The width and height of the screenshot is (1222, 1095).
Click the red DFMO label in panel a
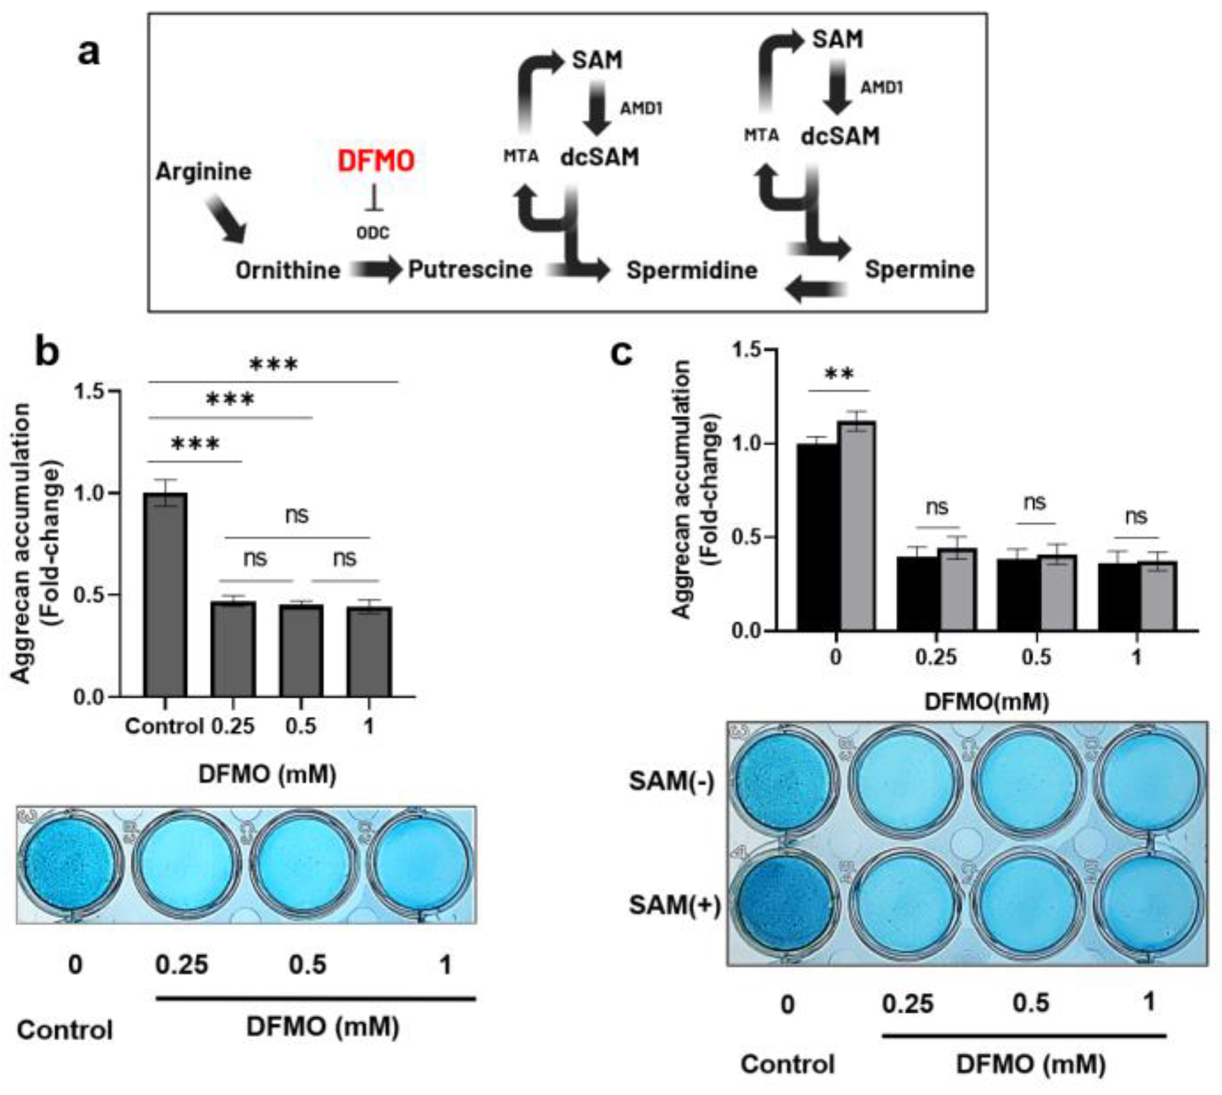pos(375,161)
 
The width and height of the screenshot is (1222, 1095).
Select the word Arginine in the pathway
pos(203,172)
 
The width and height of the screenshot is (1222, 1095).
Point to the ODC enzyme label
pos(373,232)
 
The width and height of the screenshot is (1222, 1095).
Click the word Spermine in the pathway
pos(919,269)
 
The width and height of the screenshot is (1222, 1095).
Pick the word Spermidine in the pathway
pos(691,270)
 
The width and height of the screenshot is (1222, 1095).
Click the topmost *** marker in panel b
pos(273,365)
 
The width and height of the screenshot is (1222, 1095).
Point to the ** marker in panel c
pos(839,375)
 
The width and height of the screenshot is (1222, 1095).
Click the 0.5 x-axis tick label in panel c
pos(1035,656)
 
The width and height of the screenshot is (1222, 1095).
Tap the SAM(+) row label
pos(675,904)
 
